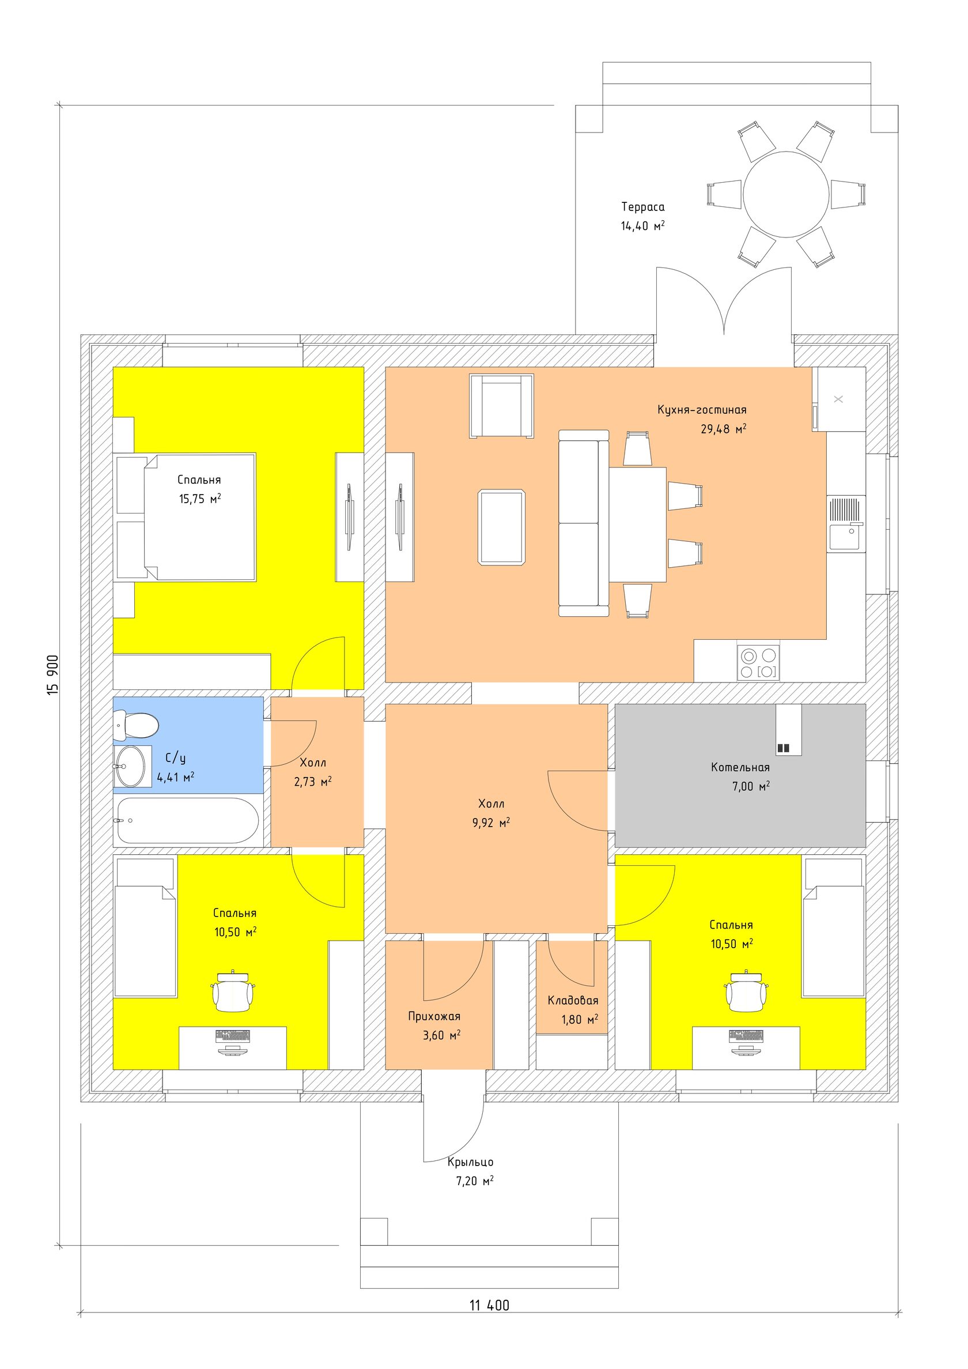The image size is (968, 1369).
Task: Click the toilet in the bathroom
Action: [x=136, y=725]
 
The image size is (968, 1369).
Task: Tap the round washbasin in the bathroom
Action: [x=130, y=766]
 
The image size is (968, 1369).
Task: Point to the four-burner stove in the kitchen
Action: [x=758, y=663]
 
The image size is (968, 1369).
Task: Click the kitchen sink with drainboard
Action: [x=846, y=524]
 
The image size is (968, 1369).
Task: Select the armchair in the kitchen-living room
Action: [x=501, y=406]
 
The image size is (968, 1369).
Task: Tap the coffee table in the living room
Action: [x=502, y=527]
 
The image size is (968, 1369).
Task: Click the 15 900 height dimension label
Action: [x=53, y=675]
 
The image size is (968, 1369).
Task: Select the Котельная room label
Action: [x=740, y=767]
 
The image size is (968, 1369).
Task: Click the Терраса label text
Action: [x=643, y=207]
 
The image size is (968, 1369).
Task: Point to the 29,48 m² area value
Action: [x=724, y=429]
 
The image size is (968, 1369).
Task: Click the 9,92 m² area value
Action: [x=491, y=823]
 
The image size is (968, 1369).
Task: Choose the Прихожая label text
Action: [x=434, y=1017]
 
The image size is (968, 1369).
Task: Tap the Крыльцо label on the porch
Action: [x=471, y=1162]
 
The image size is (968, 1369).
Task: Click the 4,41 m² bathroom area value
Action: [x=176, y=777]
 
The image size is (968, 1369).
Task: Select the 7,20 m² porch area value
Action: [x=475, y=1181]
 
